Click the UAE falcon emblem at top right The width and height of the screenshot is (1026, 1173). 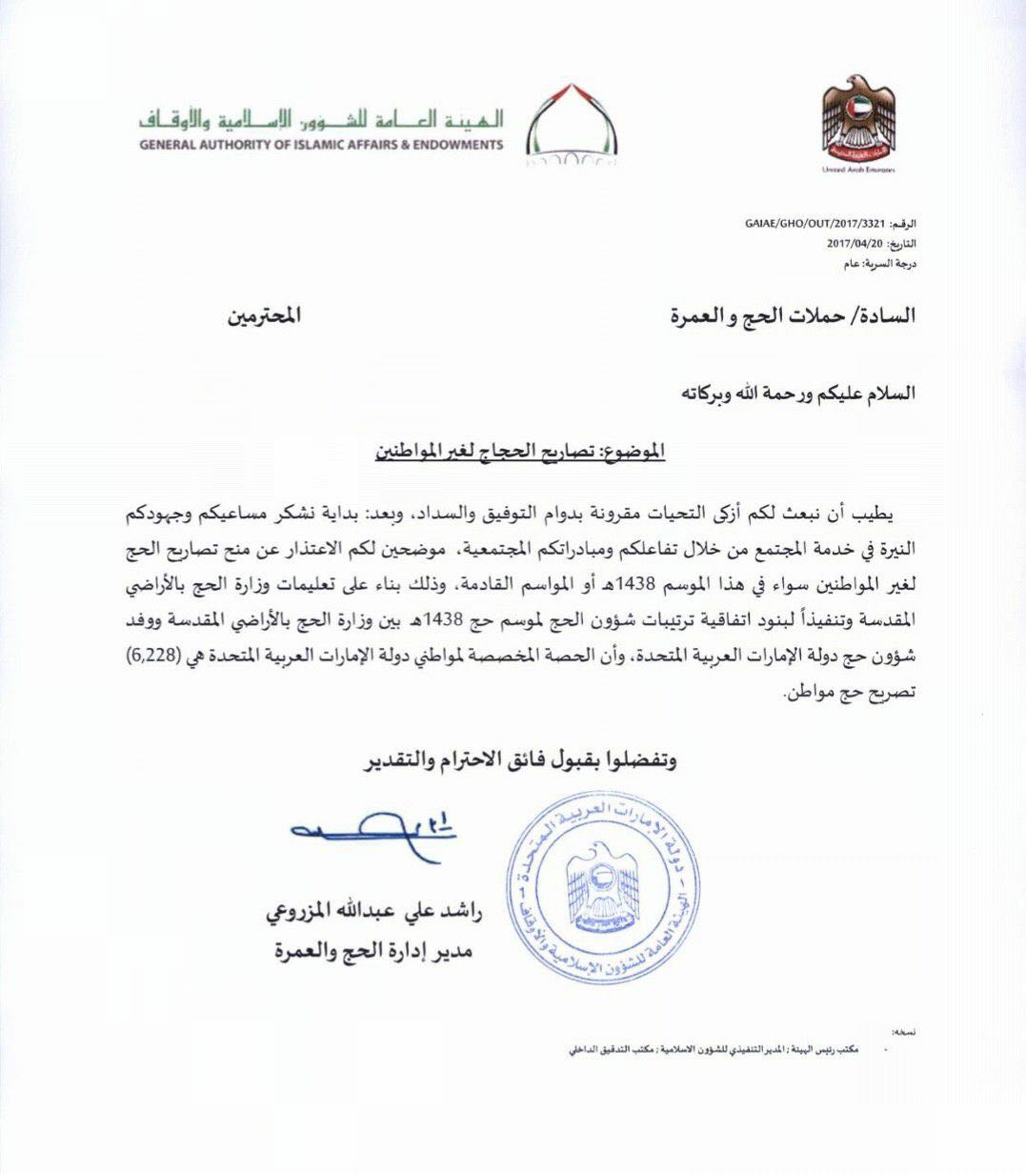pos(858,118)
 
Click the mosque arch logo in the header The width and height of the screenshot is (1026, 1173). pos(572,125)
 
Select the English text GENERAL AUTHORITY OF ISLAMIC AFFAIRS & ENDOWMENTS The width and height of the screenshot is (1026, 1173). pos(321,146)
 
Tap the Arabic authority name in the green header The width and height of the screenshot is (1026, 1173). pos(321,122)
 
